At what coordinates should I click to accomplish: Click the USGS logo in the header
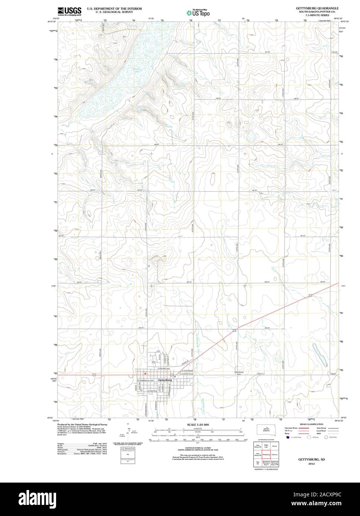tap(69, 12)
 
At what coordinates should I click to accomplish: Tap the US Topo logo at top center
tap(199, 12)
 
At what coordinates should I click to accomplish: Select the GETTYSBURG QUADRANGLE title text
tap(317, 8)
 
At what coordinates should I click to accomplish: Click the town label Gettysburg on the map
tap(165, 381)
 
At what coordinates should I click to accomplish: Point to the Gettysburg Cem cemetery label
tap(239, 373)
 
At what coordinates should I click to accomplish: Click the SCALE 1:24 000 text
tap(198, 424)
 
